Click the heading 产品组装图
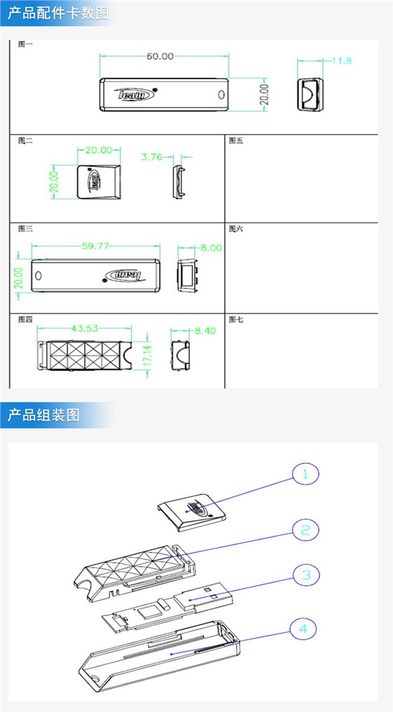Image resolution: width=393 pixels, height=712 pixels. point(44,415)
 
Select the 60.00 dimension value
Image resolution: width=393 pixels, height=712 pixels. point(160,56)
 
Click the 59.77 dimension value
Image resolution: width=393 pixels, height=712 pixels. point(99,246)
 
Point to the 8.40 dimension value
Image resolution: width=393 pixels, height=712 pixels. point(206,331)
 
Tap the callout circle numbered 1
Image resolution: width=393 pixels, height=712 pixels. point(305,475)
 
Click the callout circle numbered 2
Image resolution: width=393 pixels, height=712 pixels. point(305,530)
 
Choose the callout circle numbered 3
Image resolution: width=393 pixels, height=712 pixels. point(306,576)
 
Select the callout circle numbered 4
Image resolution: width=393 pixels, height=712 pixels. point(303,628)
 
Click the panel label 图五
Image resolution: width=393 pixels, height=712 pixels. point(236,140)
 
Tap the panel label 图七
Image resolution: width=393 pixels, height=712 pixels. point(236,319)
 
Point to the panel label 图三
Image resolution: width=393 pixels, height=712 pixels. point(25,229)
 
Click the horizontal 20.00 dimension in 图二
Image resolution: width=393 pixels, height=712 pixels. point(98,150)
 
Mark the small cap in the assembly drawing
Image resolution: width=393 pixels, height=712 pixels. point(191,510)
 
